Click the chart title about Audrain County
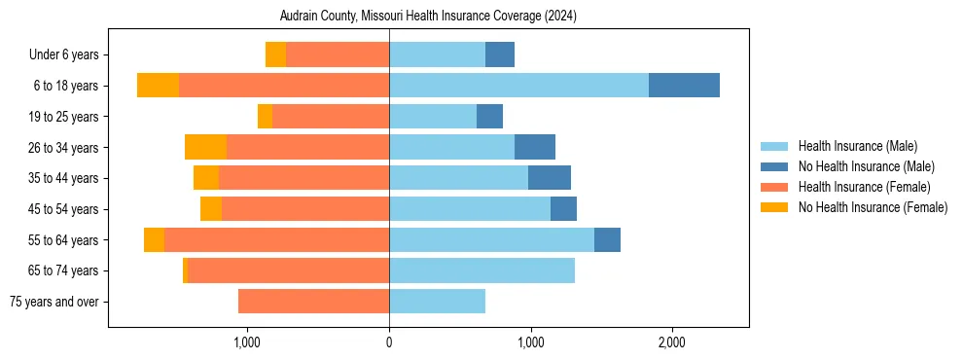point(428,16)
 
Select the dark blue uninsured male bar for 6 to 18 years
point(684,86)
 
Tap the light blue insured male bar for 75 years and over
point(437,302)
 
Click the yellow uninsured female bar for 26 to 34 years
point(205,147)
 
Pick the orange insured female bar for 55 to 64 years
point(276,240)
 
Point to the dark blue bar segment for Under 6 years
point(500,54)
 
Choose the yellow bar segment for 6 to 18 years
point(158,86)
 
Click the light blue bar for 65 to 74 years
point(481,270)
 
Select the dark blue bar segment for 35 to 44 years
point(550,178)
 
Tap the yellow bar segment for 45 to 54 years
point(211,209)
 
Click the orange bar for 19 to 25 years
point(331,117)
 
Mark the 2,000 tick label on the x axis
point(672,342)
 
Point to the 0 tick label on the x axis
point(389,342)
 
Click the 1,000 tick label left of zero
point(247,342)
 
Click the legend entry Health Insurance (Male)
point(857,146)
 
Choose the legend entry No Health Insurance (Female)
point(872,207)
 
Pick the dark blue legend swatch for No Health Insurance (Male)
point(774,166)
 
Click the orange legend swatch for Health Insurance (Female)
point(774,187)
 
